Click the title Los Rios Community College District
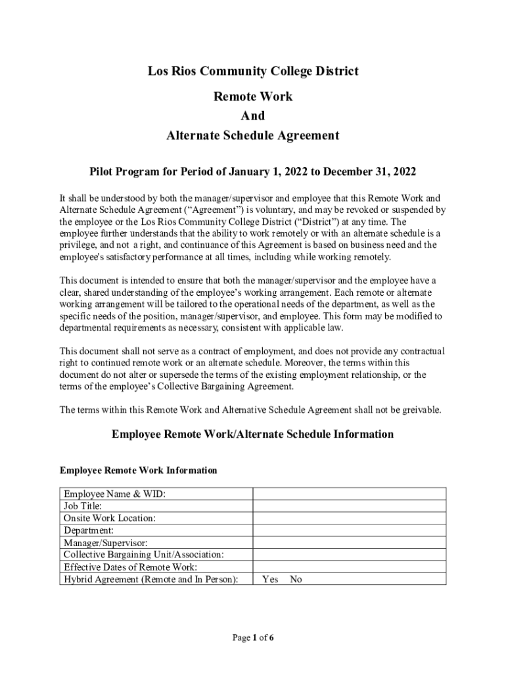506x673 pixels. (x=253, y=71)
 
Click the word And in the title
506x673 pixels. (x=253, y=116)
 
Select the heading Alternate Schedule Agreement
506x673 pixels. (x=253, y=136)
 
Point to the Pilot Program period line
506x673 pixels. (x=253, y=172)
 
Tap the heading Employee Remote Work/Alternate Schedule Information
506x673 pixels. (x=253, y=434)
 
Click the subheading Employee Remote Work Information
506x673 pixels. (x=138, y=471)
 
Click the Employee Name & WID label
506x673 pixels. (x=114, y=494)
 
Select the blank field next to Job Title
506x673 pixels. (x=350, y=506)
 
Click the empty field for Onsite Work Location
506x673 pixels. (x=350, y=518)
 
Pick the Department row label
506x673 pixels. (x=89, y=530)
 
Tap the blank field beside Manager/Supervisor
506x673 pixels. (x=350, y=542)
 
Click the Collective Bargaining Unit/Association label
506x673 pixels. (x=144, y=555)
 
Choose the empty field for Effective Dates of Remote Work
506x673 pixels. (x=350, y=567)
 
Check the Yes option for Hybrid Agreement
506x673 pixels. (x=270, y=580)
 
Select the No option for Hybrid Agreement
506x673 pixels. (x=296, y=580)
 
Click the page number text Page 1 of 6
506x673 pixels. (x=253, y=637)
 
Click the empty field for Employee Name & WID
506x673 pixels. (x=350, y=494)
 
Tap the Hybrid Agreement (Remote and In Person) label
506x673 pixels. (x=150, y=580)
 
